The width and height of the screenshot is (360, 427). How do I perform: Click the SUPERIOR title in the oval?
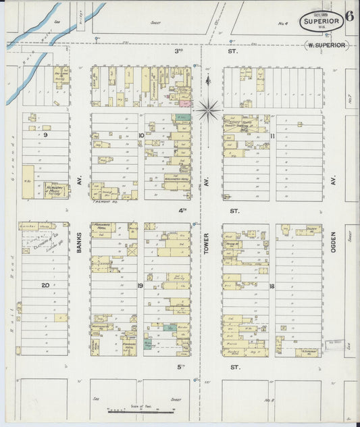(321, 22)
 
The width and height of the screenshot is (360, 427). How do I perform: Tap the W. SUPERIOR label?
(327, 45)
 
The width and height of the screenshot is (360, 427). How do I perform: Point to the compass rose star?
(208, 105)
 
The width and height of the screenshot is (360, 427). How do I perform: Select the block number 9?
(46, 135)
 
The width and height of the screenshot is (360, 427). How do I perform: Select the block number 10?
(140, 135)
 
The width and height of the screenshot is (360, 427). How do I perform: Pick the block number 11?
(272, 136)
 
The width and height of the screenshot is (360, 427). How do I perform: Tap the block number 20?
(45, 285)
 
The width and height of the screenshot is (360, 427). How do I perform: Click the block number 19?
(140, 286)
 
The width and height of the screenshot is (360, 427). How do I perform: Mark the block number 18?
(272, 286)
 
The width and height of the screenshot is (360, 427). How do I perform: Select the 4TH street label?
(182, 210)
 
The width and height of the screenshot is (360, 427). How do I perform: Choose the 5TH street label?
(181, 368)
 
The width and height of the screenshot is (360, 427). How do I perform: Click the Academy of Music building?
(57, 191)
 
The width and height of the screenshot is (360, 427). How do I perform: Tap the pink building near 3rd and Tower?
(183, 102)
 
